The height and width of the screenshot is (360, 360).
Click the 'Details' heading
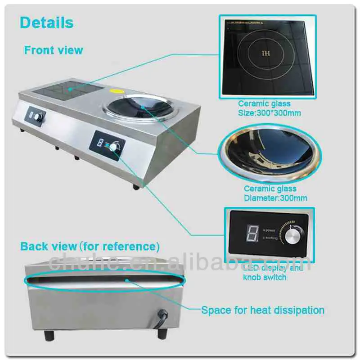tap(47, 22)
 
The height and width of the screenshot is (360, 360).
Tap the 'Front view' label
tap(54, 50)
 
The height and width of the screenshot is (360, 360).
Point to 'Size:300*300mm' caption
tap(269, 113)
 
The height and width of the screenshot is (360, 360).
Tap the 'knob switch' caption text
tap(265, 277)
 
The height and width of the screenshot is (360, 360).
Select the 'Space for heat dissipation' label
tap(262, 310)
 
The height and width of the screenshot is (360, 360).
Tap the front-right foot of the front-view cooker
tap(136, 186)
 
